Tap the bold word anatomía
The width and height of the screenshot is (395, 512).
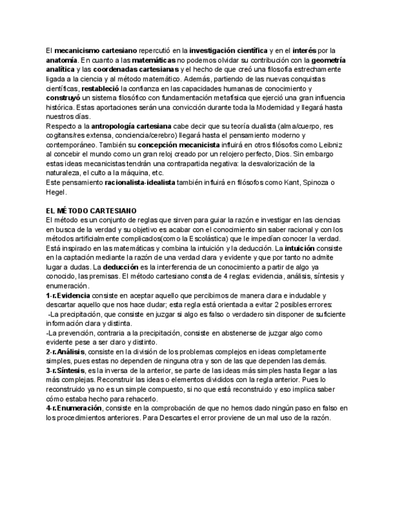tap(61, 60)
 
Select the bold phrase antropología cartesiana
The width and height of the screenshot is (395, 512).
tap(131, 126)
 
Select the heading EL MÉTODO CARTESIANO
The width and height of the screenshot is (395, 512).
tap(91, 211)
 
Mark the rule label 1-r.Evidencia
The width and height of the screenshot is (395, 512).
tap(68, 295)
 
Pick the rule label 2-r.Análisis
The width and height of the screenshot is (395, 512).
tap(66, 351)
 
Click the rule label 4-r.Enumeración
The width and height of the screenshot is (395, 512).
tap(74, 408)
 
